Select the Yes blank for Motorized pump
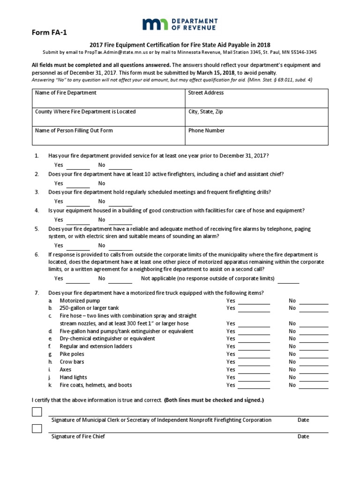pos(254,302)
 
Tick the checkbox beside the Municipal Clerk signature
pos(37,412)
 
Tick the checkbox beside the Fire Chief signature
pos(37,428)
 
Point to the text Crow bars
pos(72,362)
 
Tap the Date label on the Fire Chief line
pos(303,436)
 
